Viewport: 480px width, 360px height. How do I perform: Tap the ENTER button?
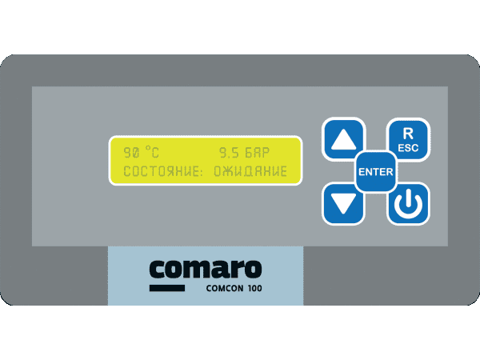(x=376, y=172)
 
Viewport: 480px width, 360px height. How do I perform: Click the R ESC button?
(x=408, y=140)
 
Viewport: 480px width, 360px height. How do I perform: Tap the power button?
(x=408, y=203)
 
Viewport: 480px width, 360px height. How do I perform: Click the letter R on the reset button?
(x=408, y=134)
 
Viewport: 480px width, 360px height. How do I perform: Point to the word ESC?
(x=408, y=148)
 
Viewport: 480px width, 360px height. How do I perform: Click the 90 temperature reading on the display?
(x=131, y=153)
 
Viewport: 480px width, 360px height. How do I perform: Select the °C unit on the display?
(x=152, y=152)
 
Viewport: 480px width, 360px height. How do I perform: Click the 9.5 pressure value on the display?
(x=229, y=153)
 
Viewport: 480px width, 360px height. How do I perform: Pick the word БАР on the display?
(x=257, y=153)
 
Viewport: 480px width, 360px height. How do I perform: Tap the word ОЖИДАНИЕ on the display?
(x=250, y=171)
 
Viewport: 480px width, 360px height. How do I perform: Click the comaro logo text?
(x=206, y=269)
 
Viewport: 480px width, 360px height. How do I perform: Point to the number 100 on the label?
(x=254, y=288)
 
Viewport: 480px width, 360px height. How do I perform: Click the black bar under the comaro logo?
(x=167, y=288)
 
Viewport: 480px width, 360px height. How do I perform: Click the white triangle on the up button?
(x=343, y=140)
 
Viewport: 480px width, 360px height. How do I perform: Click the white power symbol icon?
(x=408, y=203)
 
